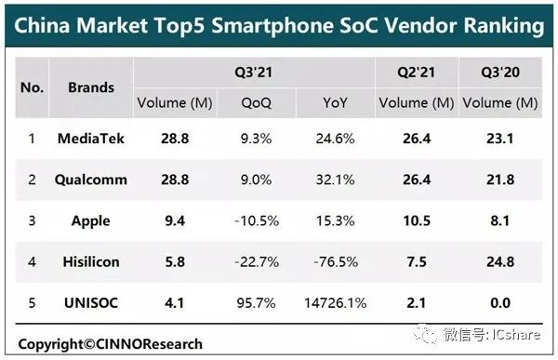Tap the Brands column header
coord(91,87)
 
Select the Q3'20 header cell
coord(500,73)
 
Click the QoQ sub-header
coord(257,103)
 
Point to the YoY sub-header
coord(335,103)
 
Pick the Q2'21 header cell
coord(416,73)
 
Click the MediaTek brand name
coord(91,139)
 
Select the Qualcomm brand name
coord(91,180)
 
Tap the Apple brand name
coord(91,221)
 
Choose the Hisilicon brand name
coord(91,261)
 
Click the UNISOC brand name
coord(91,303)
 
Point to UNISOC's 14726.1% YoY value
coord(335,303)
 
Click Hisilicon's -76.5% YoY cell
coord(336,262)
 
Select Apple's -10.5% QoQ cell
coord(257,220)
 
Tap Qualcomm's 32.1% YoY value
coord(335,180)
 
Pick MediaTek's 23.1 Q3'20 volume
coord(500,139)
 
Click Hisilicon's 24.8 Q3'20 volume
coord(500,262)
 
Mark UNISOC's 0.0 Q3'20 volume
coord(500,303)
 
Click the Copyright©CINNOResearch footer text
coord(111,344)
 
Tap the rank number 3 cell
coord(32,220)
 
